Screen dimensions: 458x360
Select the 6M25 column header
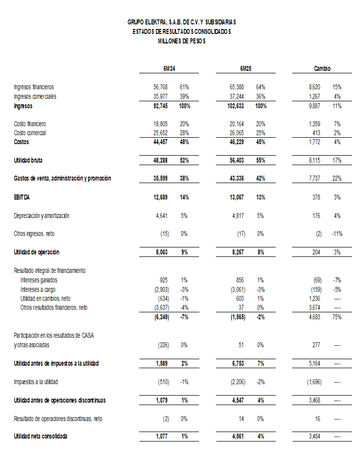coord(244,68)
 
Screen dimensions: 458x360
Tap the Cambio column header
coord(322,68)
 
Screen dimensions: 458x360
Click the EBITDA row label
coord(22,198)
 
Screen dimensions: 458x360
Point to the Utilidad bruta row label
coord(28,160)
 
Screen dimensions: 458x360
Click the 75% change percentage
coord(337,317)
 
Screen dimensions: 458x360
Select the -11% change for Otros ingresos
coord(337,234)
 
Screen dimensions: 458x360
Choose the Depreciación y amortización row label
coord(41,216)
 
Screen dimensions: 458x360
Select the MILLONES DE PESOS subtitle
coord(181,41)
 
